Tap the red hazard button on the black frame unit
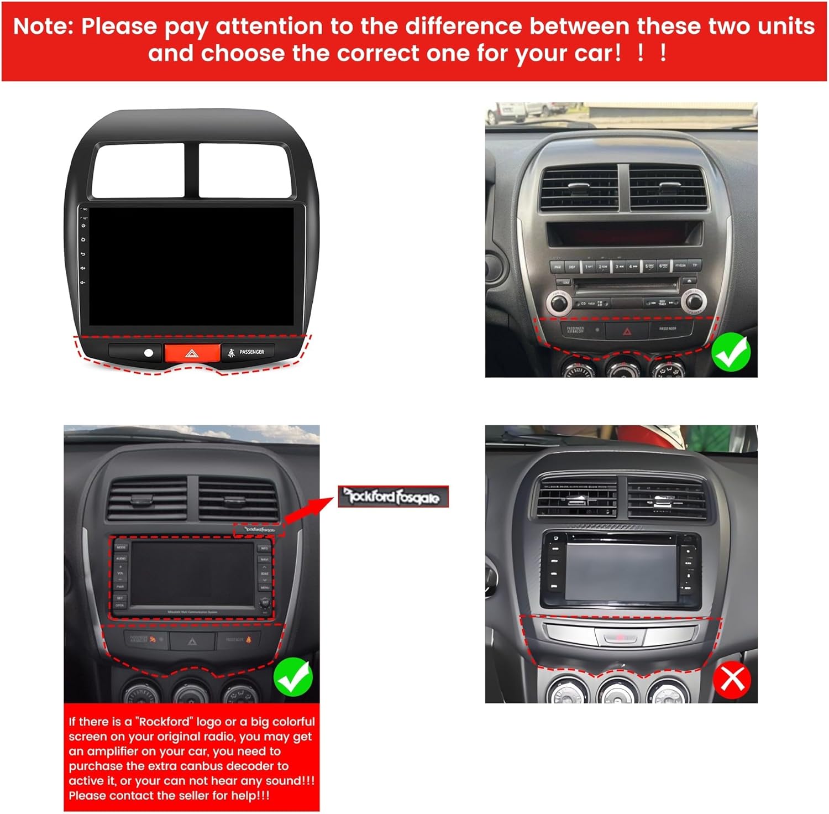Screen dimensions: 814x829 [x=192, y=353]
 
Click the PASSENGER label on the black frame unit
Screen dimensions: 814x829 [x=251, y=352]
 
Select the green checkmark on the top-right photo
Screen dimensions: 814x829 [x=731, y=352]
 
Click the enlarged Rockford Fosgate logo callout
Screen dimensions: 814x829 [x=393, y=497]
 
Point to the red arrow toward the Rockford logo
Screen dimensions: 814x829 [x=309, y=509]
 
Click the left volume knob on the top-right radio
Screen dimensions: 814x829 [x=559, y=302]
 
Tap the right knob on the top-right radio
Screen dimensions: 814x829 [x=693, y=301]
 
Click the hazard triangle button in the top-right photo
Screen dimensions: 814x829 [x=627, y=331]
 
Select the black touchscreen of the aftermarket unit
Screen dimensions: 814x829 [x=197, y=265]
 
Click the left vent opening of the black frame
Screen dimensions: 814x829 [x=138, y=170]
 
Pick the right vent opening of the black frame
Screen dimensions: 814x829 [x=244, y=170]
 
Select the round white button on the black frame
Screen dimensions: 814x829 [x=148, y=353]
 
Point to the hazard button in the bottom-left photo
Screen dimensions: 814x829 [x=192, y=641]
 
